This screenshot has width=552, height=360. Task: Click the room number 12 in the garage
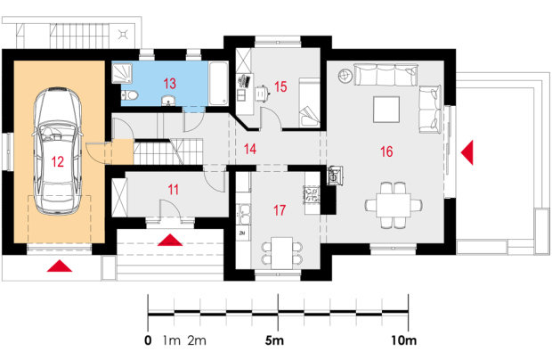pyautogui.click(x=58, y=161)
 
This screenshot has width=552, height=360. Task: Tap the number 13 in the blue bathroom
pyautogui.click(x=169, y=84)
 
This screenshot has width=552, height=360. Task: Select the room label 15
pyautogui.click(x=280, y=86)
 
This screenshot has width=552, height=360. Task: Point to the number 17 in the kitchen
pyautogui.click(x=280, y=210)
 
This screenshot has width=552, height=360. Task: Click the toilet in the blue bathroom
pyautogui.click(x=130, y=95)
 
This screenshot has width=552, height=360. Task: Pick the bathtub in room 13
pyautogui.click(x=218, y=84)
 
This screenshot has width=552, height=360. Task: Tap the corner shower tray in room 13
pyautogui.click(x=122, y=73)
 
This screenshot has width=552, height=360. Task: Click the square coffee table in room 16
pyautogui.click(x=386, y=110)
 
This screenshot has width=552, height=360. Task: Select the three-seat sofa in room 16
pyautogui.click(x=386, y=75)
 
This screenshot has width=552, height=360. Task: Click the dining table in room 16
pyautogui.click(x=394, y=205)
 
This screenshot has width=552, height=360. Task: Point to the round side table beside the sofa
pyautogui.click(x=345, y=76)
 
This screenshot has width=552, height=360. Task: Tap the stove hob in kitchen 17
pyautogui.click(x=312, y=195)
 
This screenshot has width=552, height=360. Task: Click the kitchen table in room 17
pyautogui.click(x=282, y=253)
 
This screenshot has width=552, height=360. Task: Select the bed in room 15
pyautogui.click(x=309, y=102)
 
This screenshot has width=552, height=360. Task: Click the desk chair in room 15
pyautogui.click(x=262, y=94)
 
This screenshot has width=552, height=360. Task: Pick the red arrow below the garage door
pyautogui.click(x=60, y=266)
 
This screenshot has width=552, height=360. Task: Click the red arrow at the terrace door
pyautogui.click(x=467, y=152)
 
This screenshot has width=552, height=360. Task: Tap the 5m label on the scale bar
pyautogui.click(x=274, y=340)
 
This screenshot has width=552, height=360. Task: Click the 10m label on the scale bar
pyautogui.click(x=404, y=340)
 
